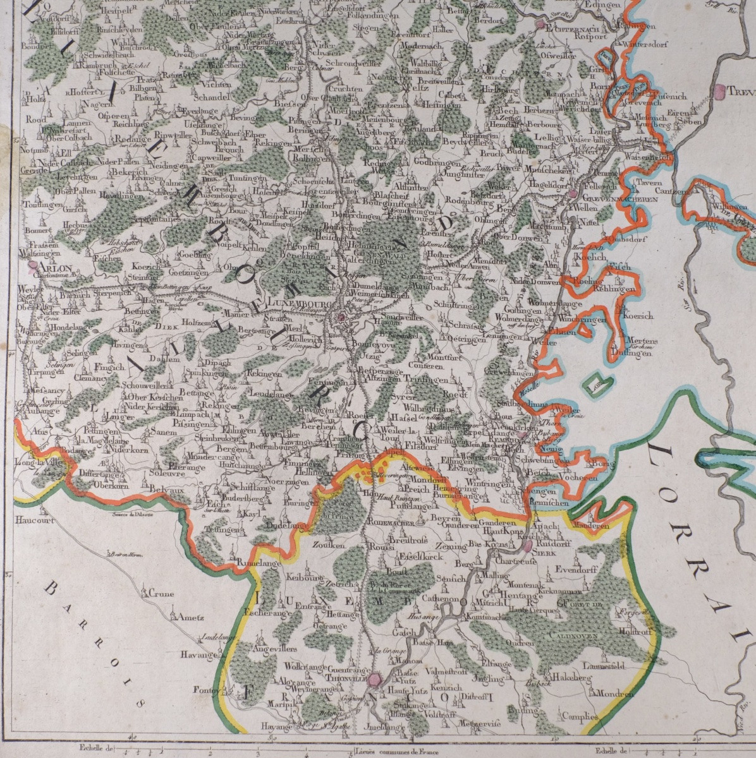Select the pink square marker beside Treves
tap(719, 91)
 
